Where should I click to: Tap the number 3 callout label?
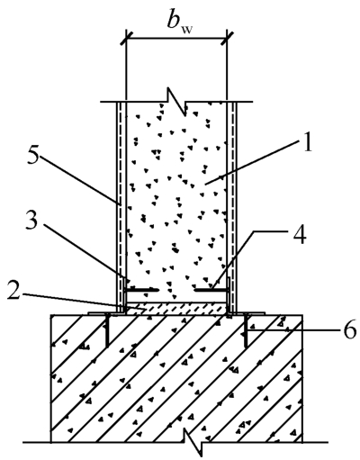coord(31,222)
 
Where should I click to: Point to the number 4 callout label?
coord(300,234)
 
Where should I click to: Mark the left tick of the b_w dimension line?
coord(126,38)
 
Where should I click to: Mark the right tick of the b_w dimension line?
coord(227,38)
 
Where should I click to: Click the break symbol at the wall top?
coord(177,103)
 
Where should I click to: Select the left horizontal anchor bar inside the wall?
coord(141,290)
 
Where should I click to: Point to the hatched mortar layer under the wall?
coord(176,309)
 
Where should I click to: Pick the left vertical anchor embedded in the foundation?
coord(106,331)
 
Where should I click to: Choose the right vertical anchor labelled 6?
coord(246,331)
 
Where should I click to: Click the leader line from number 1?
coord(251,164)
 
